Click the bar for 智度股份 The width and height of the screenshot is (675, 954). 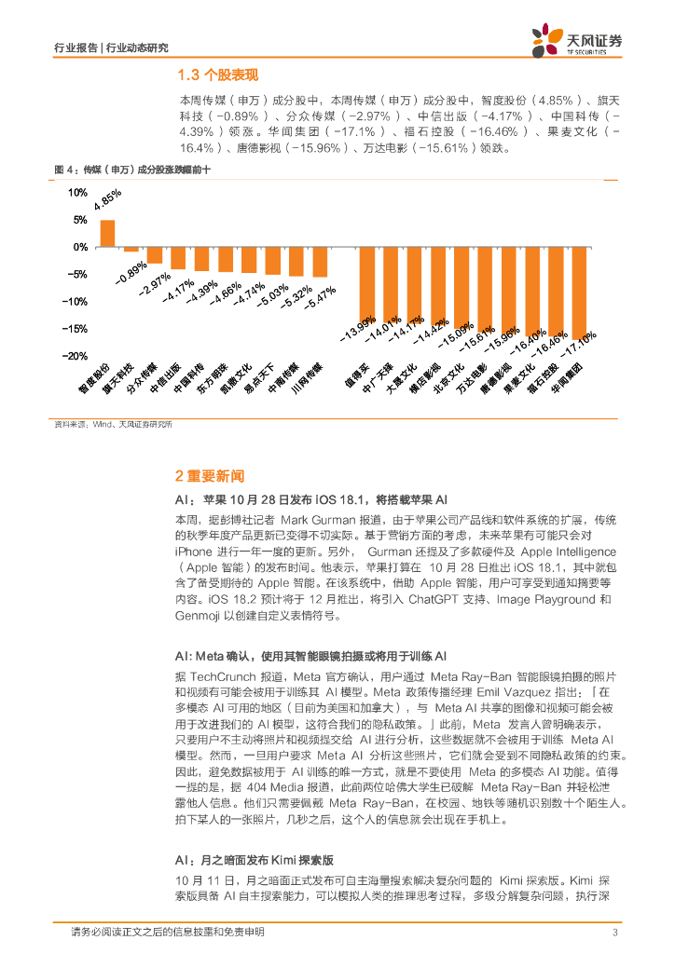(x=108, y=234)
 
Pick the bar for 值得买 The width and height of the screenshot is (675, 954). (x=367, y=285)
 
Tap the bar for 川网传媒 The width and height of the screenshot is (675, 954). (x=320, y=263)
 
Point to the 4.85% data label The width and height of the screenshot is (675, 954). (x=108, y=204)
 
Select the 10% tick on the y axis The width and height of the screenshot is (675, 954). (x=77, y=193)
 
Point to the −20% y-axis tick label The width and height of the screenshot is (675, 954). (x=75, y=356)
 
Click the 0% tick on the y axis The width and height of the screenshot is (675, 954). (x=80, y=247)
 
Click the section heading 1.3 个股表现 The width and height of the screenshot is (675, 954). (x=217, y=75)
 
